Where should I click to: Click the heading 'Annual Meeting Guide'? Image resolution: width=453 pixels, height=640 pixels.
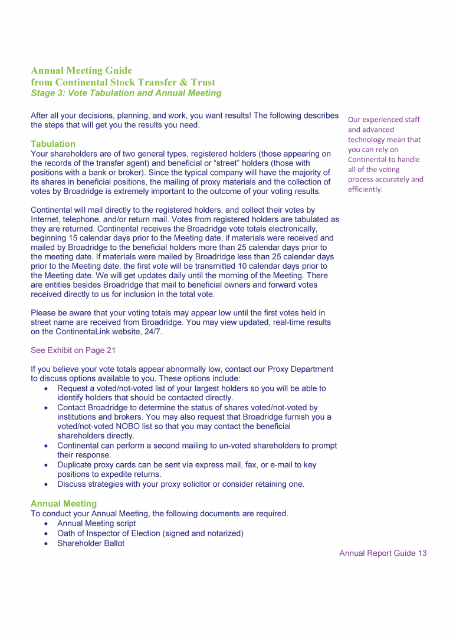[81, 71]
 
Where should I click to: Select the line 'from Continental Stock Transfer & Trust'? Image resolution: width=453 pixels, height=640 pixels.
[123, 83]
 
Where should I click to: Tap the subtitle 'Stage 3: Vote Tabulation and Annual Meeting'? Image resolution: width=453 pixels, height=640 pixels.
[126, 93]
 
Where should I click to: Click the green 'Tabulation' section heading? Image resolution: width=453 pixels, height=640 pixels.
[53, 144]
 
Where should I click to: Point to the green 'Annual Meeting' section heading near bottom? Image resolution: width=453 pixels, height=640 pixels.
[64, 504]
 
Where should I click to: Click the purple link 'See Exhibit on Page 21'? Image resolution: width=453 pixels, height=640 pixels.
[73, 350]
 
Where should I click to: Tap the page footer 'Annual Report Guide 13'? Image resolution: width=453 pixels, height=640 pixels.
[383, 553]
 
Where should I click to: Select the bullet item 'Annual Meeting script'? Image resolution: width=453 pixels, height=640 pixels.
[96, 523]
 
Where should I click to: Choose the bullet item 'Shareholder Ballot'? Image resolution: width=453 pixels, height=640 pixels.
[91, 543]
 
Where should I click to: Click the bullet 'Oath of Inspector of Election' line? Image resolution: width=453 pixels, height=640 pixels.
[150, 533]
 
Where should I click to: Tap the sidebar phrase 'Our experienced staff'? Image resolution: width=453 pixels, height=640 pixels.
[384, 120]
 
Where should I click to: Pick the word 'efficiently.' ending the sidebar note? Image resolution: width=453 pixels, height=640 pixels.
[365, 189]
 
